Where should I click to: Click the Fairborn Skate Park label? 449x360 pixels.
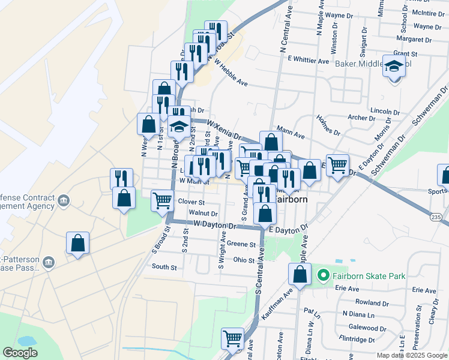369,276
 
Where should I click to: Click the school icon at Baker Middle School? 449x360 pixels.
394,67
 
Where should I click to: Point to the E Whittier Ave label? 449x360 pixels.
309,61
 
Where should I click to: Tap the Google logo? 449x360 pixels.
20,352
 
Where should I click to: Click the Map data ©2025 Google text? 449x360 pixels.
412,355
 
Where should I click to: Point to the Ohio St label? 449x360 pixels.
244,260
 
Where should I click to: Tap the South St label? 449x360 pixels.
164,266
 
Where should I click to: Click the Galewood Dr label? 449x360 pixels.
367,329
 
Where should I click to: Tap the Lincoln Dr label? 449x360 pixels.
385,112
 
